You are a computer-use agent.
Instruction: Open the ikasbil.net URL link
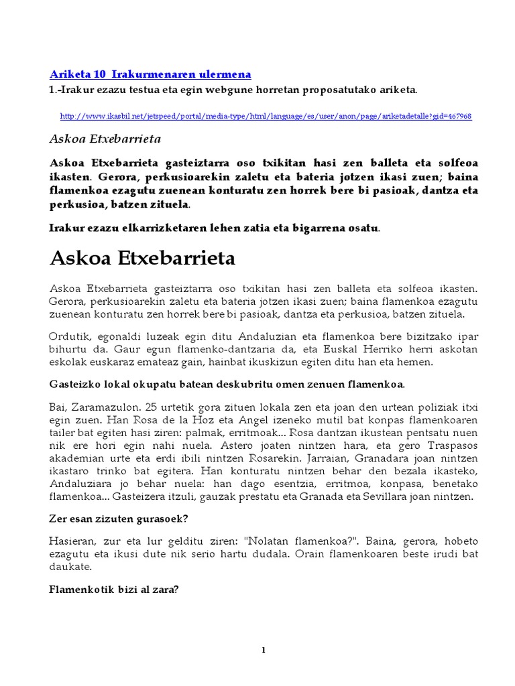(266, 116)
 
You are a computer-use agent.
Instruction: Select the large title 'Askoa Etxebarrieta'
(143, 258)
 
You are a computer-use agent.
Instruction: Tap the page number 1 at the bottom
(264, 650)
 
